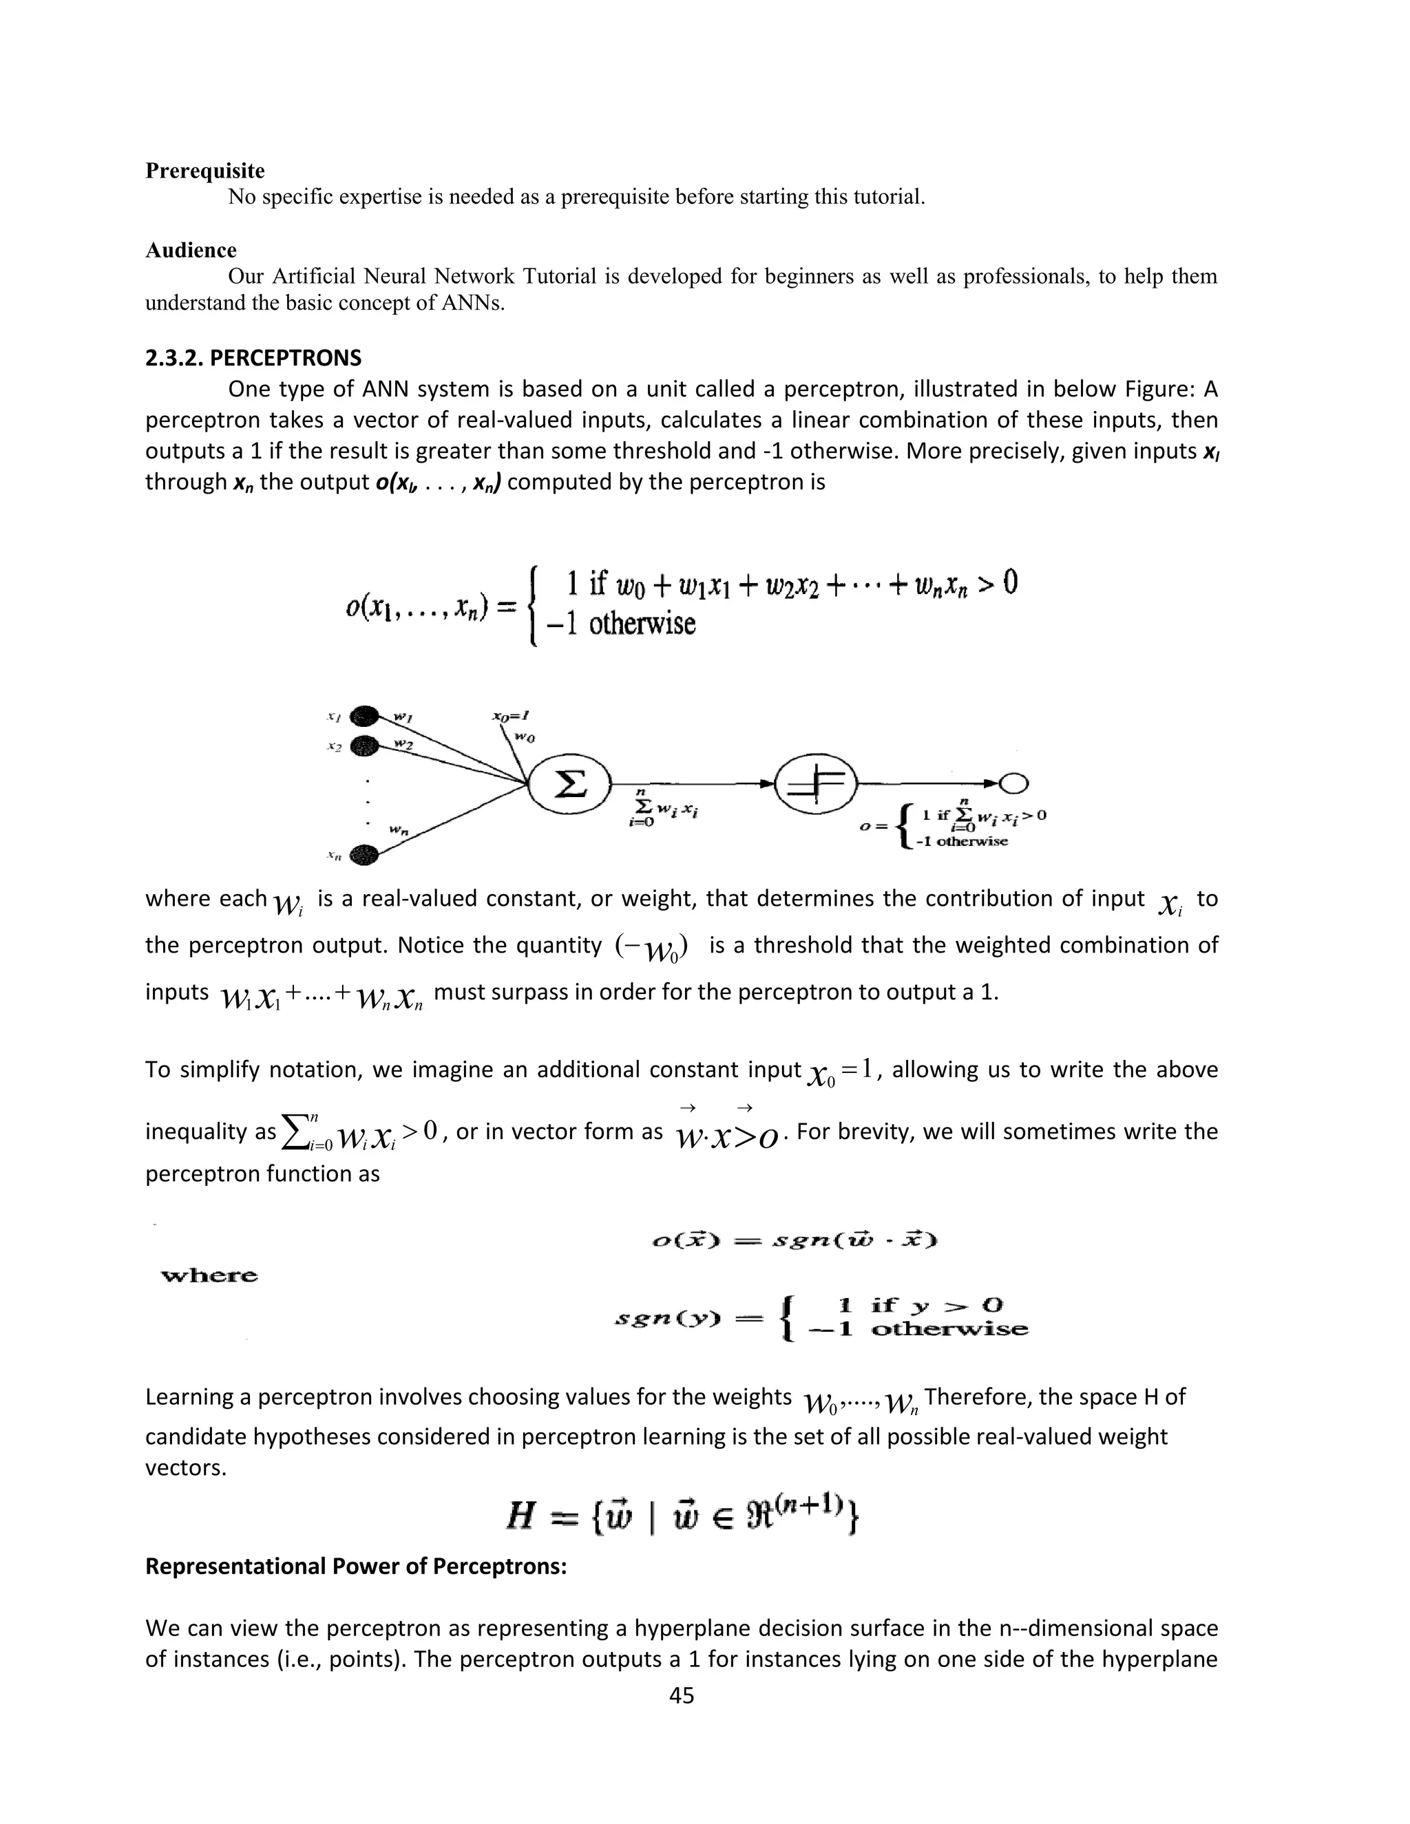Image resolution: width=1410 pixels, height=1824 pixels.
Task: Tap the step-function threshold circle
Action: pyautogui.click(x=815, y=783)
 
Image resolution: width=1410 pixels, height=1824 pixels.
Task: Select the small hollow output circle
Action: pyautogui.click(x=1015, y=783)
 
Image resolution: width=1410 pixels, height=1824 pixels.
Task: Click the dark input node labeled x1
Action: pyautogui.click(x=365, y=716)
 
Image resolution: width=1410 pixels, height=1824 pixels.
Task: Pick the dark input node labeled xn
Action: pyautogui.click(x=365, y=853)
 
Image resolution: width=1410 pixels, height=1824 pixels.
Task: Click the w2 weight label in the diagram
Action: pyautogui.click(x=403, y=743)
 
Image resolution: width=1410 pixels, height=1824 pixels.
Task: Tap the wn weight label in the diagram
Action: pyautogui.click(x=399, y=829)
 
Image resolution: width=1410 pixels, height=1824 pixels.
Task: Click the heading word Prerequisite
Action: pyautogui.click(x=204, y=171)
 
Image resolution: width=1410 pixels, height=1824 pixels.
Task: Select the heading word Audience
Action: pyautogui.click(x=191, y=250)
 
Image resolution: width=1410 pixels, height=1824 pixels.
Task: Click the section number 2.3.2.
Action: pyautogui.click(x=173, y=359)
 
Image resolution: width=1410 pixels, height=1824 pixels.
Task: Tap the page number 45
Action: pyautogui.click(x=682, y=1695)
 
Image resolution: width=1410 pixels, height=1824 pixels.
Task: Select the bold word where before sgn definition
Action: pyautogui.click(x=210, y=1275)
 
